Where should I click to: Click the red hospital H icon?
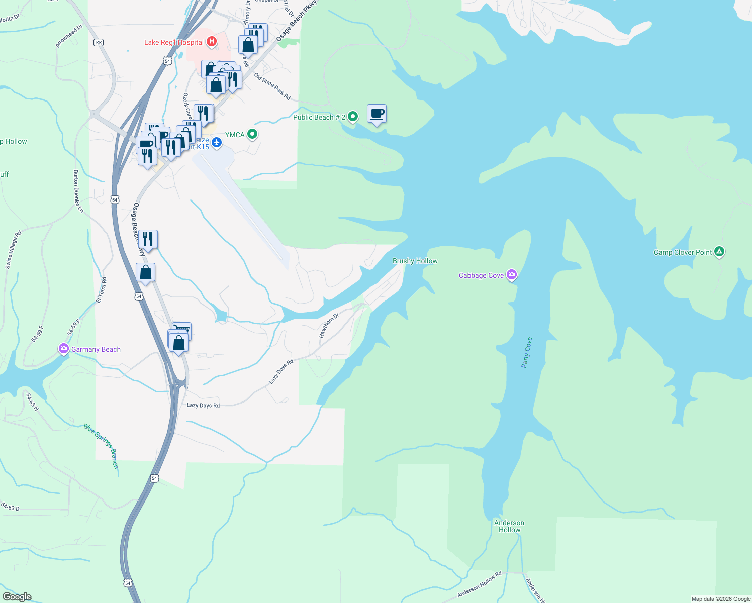212,42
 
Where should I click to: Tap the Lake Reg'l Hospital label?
173,42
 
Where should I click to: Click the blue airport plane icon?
217,143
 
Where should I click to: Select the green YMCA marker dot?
253,134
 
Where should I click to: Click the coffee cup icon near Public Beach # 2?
377,114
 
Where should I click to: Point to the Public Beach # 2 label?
319,117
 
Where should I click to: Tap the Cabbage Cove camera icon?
512,275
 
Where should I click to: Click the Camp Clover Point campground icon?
719,252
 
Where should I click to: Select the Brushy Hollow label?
415,261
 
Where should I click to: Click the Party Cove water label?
527,352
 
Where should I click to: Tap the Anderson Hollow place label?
509,526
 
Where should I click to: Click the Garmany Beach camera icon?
64,349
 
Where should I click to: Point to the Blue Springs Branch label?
101,446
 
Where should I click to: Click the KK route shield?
99,43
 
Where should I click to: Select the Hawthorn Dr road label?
329,325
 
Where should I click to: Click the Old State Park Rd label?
272,86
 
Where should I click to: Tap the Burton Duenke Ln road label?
78,191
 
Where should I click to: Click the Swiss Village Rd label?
14,250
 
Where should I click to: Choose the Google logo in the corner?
17,597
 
